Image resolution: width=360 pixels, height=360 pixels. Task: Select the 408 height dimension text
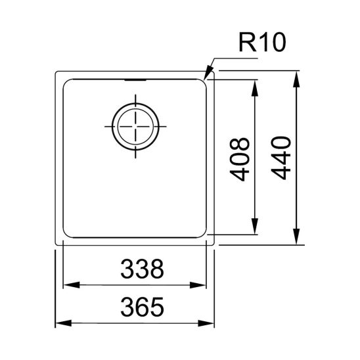pyautogui.click(x=240, y=158)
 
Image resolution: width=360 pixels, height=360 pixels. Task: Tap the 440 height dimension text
pyautogui.click(x=281, y=158)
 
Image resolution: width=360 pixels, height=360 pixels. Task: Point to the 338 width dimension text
pyautogui.click(x=136, y=269)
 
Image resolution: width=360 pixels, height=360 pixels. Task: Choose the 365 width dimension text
pyautogui.click(x=136, y=307)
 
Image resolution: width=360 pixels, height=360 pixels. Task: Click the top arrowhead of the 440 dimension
pyautogui.click(x=298, y=77)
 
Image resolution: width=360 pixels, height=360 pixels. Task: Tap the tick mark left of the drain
pyautogui.click(x=108, y=125)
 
